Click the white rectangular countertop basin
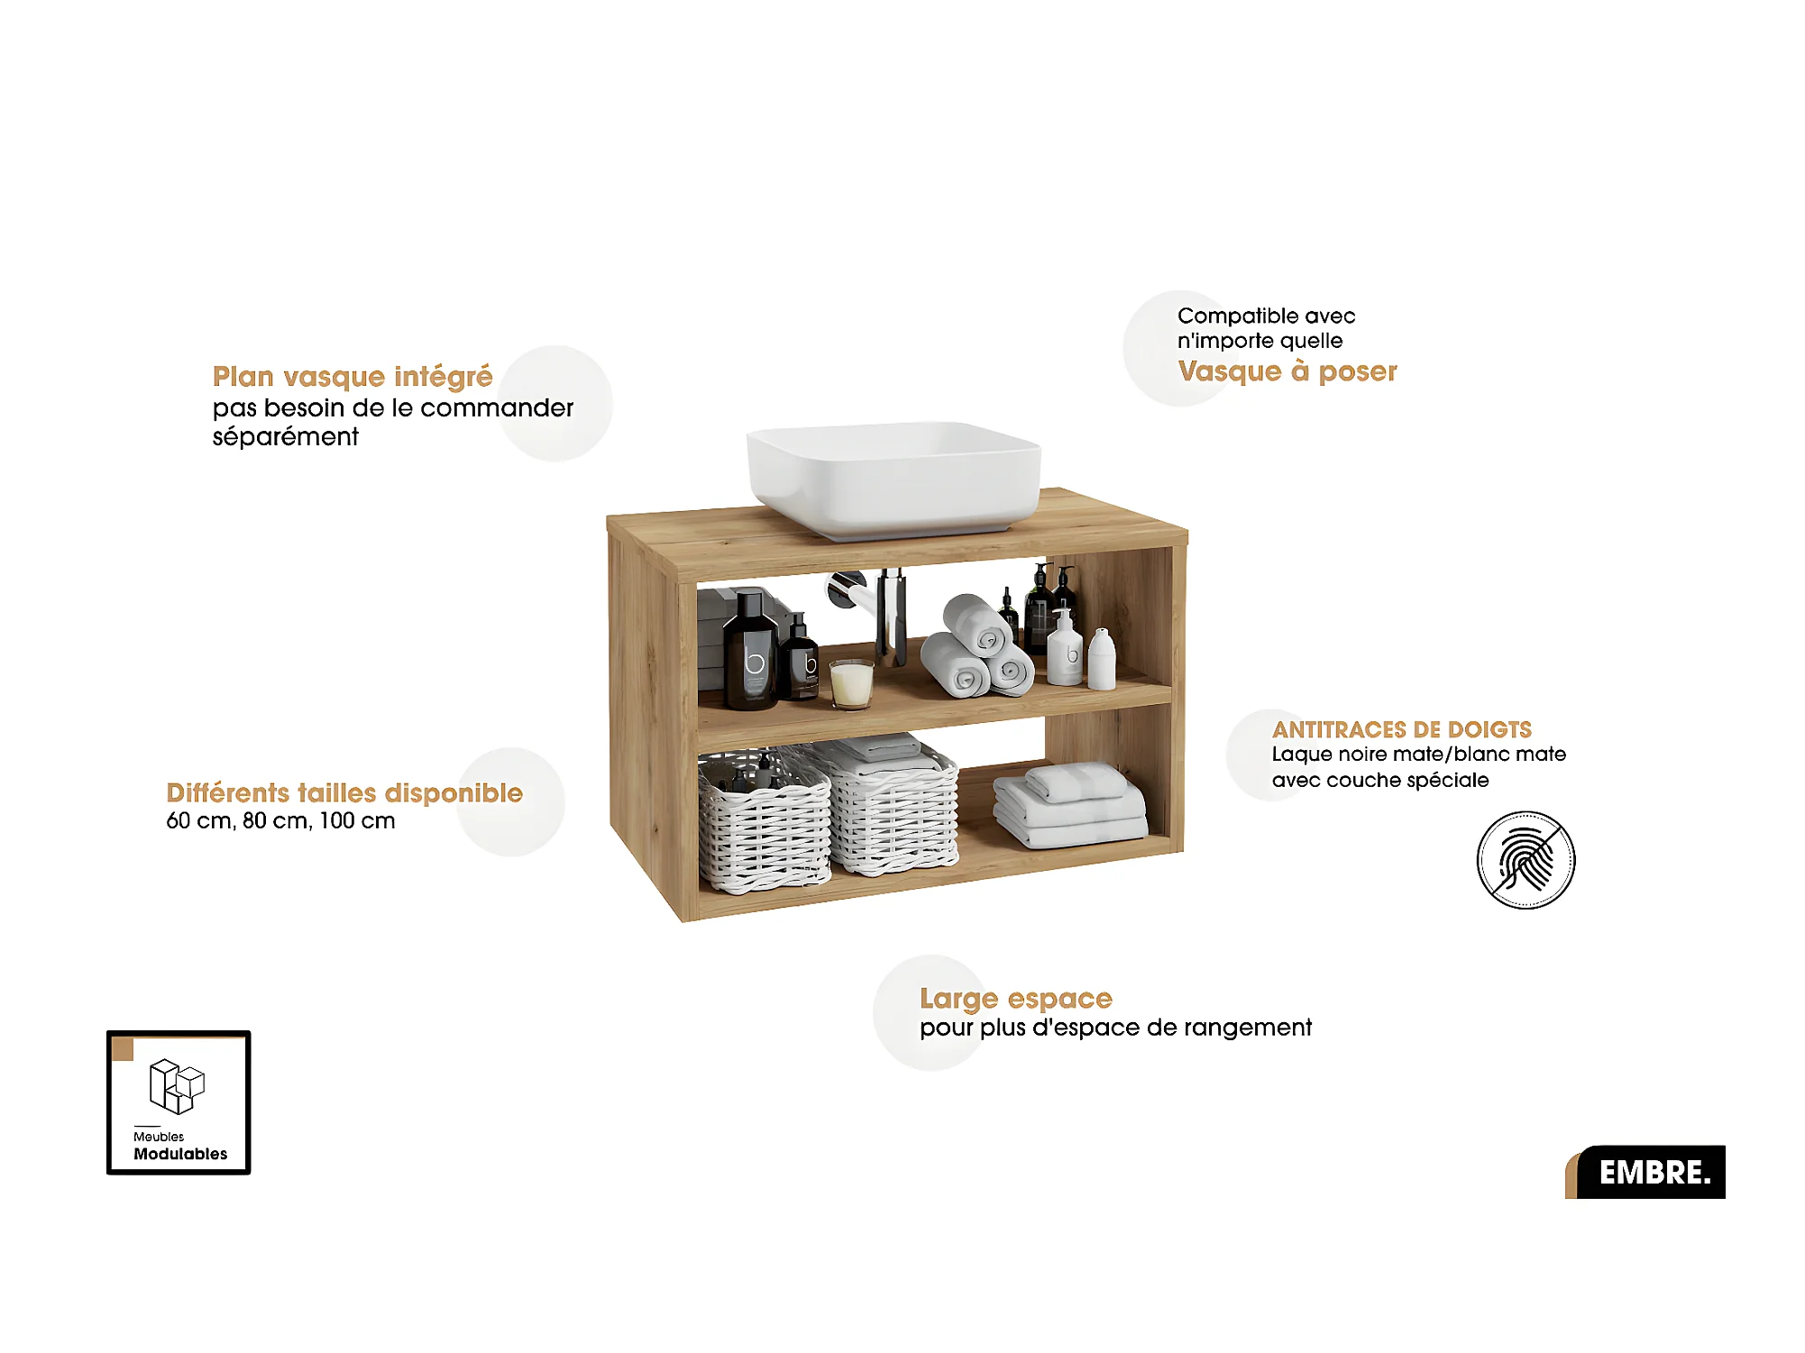click(893, 478)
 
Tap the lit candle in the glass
click(851, 683)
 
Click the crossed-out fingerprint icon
click(1526, 860)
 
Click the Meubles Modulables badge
click(179, 1102)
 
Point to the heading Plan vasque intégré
click(353, 376)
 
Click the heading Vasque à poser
click(1287, 371)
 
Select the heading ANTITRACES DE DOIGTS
click(1401, 729)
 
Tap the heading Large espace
click(1015, 998)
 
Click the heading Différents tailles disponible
click(344, 792)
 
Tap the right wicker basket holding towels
click(893, 807)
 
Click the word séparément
click(285, 437)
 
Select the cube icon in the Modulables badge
click(177, 1086)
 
